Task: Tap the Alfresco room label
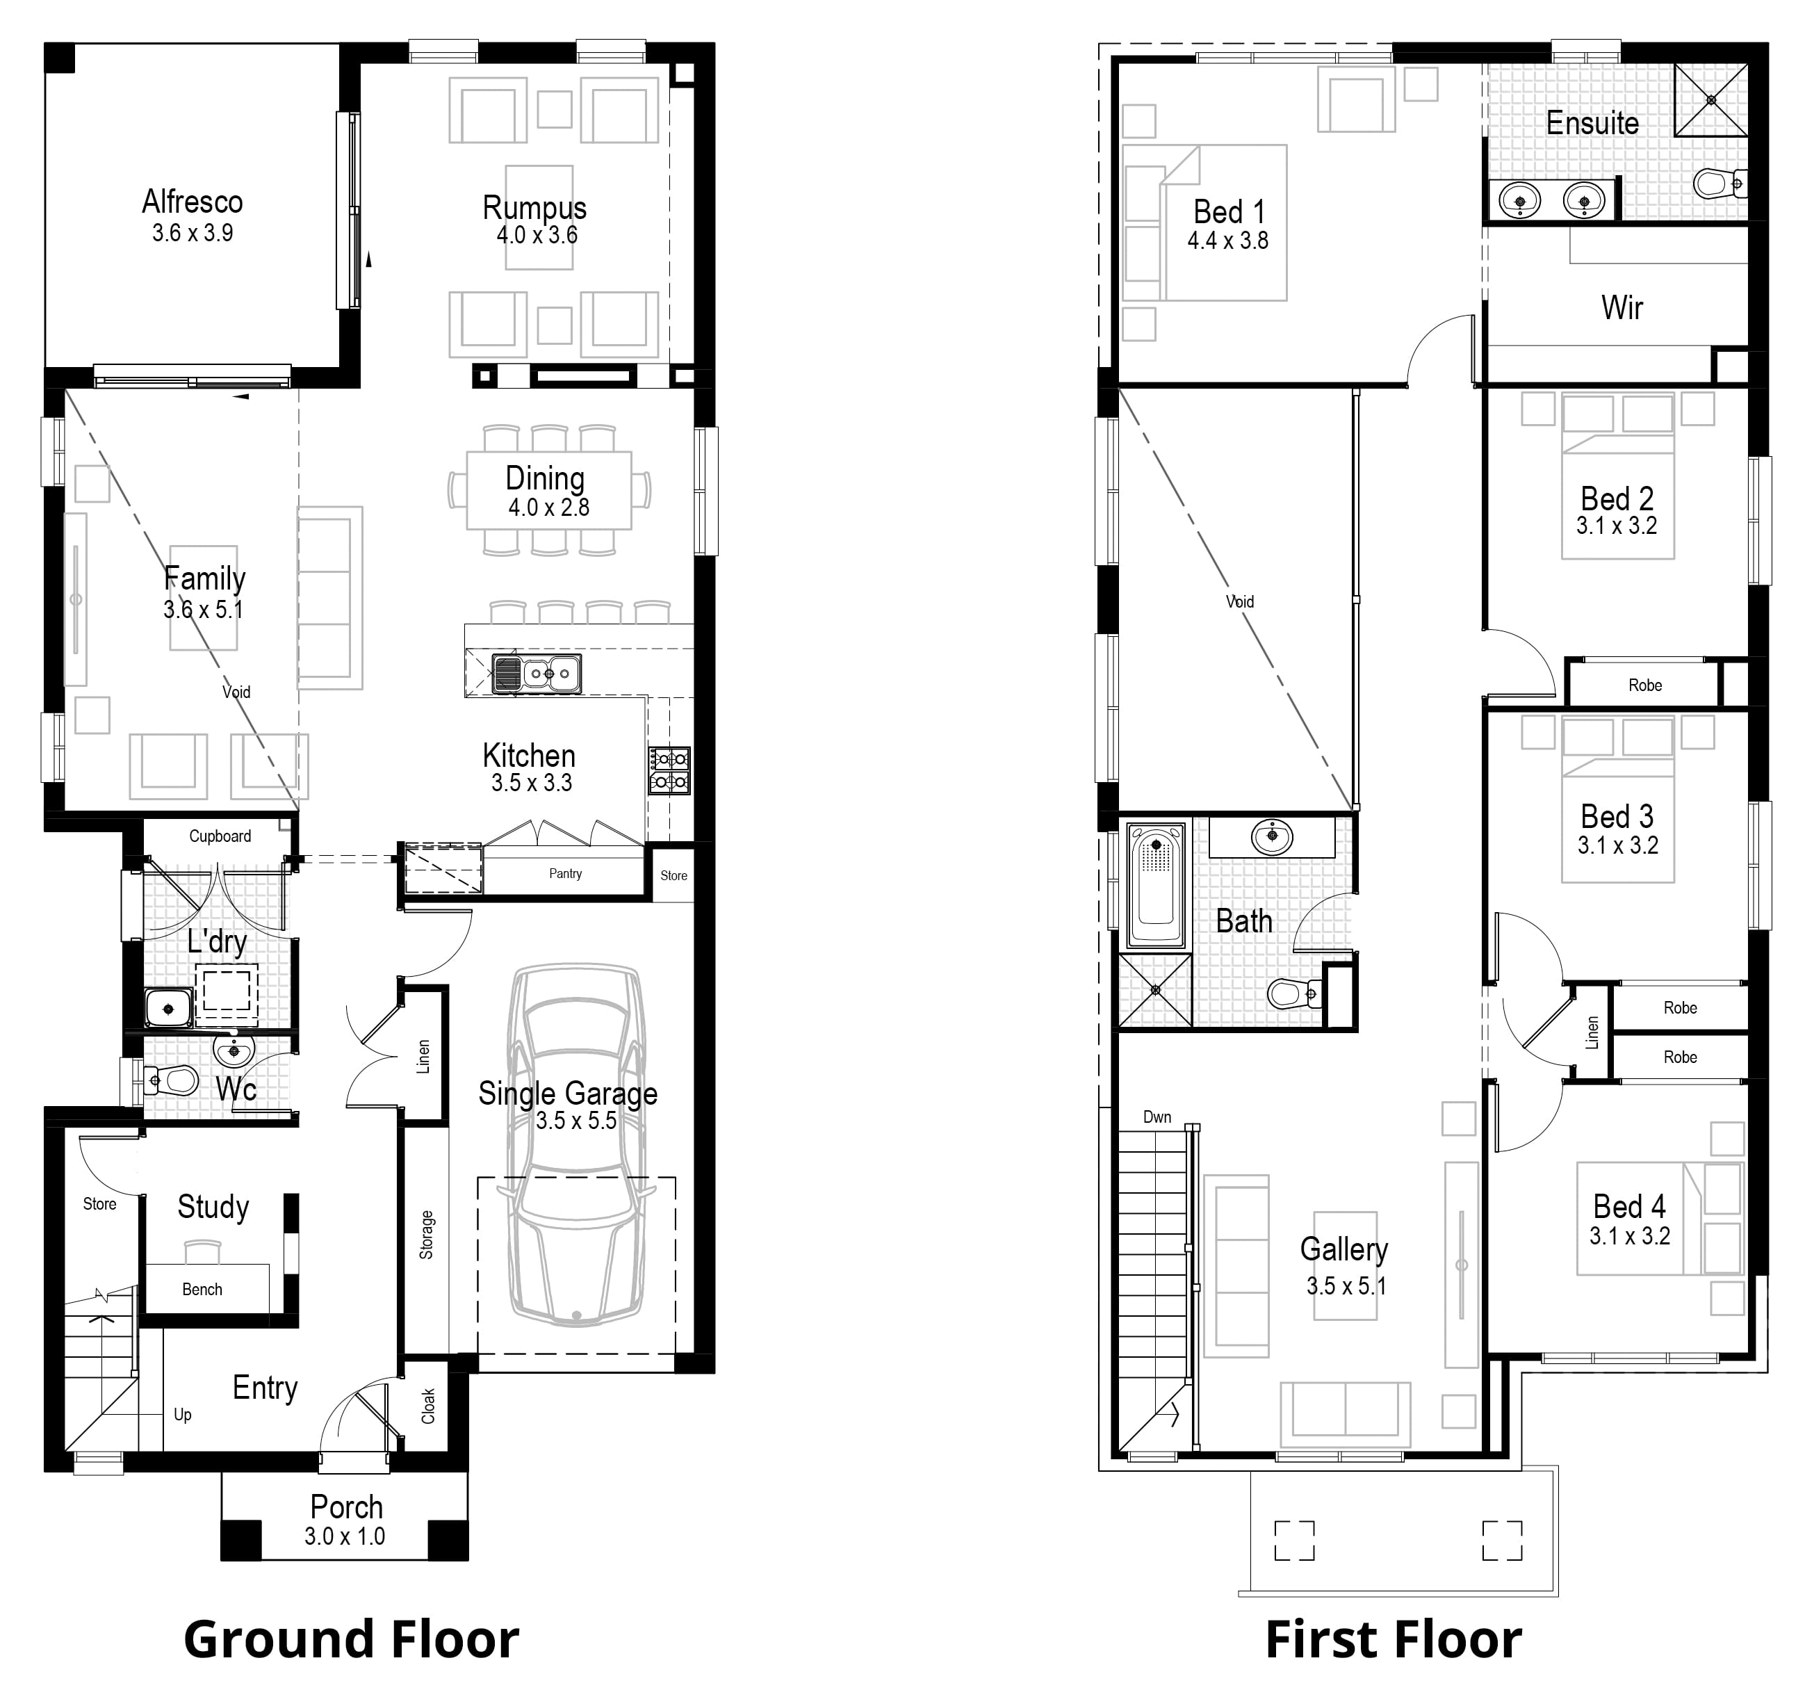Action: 193,202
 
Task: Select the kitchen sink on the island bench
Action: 537,674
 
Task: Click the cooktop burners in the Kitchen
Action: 669,770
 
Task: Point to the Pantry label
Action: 565,873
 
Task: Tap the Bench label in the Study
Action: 202,1290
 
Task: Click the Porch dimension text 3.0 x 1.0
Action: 344,1536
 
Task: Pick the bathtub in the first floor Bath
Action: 1155,884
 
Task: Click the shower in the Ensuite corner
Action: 1710,99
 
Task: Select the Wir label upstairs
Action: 1622,308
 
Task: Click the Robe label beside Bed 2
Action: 1644,685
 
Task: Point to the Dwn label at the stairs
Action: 1157,1117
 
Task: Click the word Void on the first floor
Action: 1239,601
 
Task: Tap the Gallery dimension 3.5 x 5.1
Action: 1346,1285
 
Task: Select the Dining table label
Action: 545,478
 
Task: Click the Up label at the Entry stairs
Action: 183,1415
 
